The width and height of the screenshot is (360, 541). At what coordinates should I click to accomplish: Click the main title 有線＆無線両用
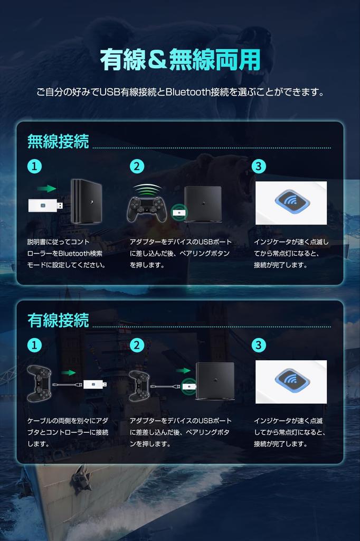coord(180,60)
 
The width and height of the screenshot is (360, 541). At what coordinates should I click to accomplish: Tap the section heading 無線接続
coord(58,142)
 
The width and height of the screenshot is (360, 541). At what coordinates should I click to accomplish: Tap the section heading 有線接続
coord(58,320)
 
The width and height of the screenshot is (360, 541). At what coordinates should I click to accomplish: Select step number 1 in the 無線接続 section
coord(34,166)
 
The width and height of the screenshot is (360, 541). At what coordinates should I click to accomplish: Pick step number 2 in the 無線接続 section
coord(137,166)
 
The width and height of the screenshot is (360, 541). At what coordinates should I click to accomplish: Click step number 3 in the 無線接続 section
coord(258,166)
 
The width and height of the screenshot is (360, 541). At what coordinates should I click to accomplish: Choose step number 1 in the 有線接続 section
coord(34,345)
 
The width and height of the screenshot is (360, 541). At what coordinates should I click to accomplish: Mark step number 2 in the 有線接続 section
coord(137,345)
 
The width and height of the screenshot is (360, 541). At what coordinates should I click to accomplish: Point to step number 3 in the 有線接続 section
coord(258,345)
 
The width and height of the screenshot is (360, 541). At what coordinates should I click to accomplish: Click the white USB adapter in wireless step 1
coord(46,206)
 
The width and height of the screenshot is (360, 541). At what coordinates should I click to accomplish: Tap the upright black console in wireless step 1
coord(86,201)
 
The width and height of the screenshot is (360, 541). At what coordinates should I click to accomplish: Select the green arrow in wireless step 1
coord(48,189)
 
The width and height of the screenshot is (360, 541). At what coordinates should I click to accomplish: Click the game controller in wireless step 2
coord(147,209)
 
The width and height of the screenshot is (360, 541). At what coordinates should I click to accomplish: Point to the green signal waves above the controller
coord(147,189)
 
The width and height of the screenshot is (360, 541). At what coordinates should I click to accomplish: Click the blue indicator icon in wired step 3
coord(291,382)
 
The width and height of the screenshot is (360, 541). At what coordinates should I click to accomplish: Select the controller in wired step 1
coord(39,383)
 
